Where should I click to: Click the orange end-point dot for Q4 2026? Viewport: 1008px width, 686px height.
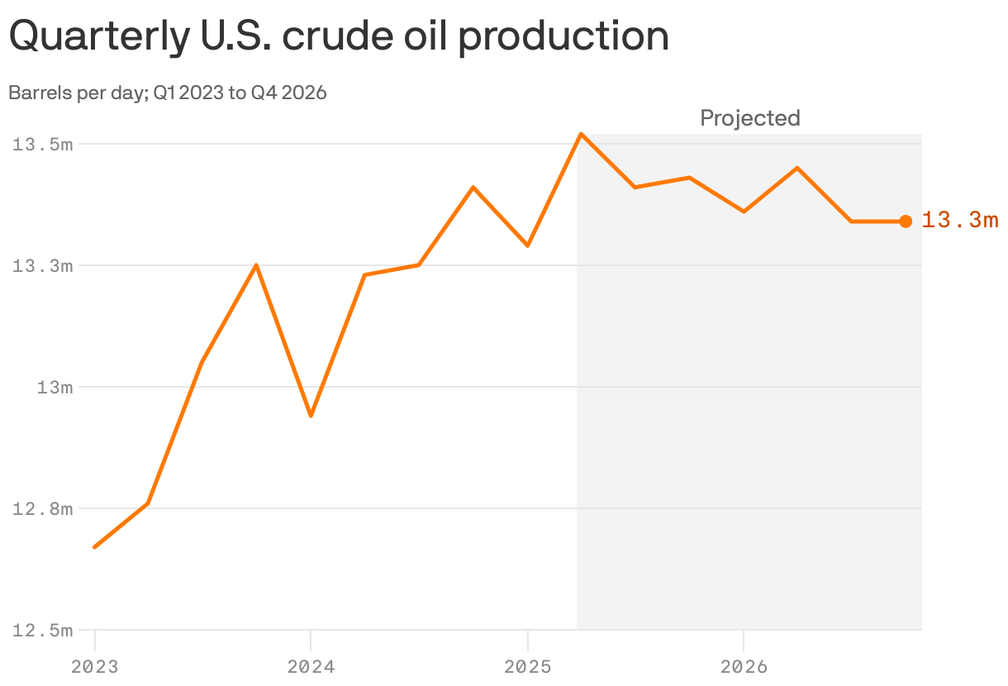(906, 221)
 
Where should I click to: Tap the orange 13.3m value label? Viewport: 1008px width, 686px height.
(960, 221)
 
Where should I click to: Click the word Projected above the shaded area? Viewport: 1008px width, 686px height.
(750, 118)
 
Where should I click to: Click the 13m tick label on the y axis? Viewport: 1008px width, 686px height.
(55, 388)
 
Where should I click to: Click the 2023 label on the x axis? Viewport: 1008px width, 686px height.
(94, 666)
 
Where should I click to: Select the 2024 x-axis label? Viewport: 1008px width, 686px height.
(311, 666)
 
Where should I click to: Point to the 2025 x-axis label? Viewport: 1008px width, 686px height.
(527, 666)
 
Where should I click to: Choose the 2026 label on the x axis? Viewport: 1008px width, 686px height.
(744, 666)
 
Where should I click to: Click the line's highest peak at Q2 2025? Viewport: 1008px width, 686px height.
(582, 134)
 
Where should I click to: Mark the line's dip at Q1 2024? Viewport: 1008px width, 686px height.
(311, 416)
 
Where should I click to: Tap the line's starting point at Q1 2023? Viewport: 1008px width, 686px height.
(95, 547)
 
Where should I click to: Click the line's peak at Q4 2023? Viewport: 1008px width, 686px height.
(257, 265)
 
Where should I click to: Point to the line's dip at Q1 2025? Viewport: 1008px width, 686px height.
(527, 245)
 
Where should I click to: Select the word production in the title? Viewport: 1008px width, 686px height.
(563, 37)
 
